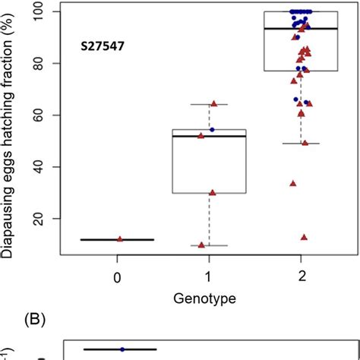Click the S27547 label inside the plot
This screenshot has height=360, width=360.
tap(105, 46)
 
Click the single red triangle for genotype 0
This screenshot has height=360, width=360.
tap(120, 238)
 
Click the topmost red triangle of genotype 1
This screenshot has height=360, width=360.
tap(213, 103)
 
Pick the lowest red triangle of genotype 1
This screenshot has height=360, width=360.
tap(201, 245)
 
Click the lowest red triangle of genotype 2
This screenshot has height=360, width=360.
tap(304, 237)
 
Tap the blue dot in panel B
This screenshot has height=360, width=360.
tap(122, 349)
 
